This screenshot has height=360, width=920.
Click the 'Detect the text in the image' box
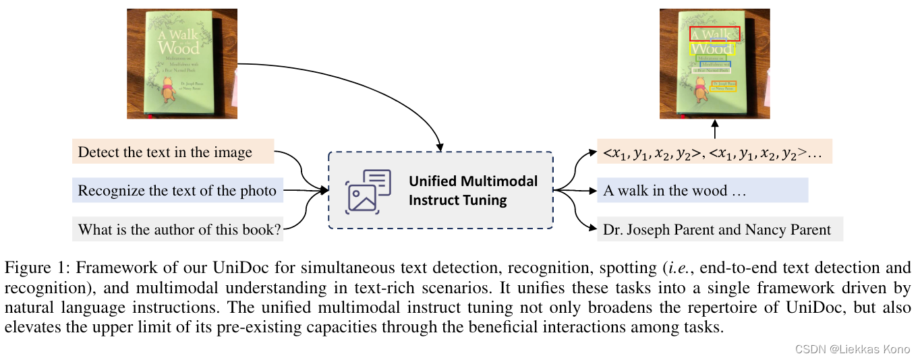(173, 152)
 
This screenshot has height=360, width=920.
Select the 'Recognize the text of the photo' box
(177, 191)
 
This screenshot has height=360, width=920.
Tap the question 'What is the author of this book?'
(177, 229)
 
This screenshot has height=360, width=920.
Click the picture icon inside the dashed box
(368, 191)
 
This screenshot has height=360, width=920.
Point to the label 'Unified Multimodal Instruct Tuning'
(473, 191)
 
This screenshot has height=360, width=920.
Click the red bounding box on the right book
(714, 34)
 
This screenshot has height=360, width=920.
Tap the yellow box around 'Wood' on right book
(712, 49)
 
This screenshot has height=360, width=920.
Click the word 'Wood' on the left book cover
(179, 48)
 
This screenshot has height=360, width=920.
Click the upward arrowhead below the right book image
(715, 125)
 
